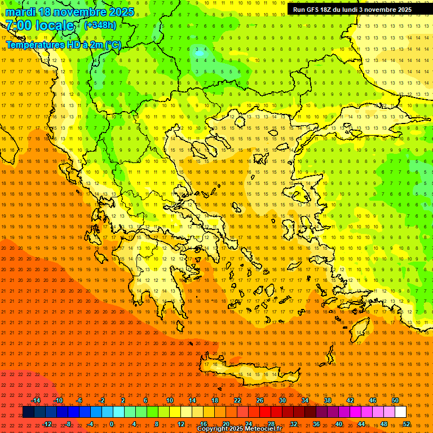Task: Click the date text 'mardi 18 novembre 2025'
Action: coord(70,12)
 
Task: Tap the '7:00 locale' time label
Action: coord(39,25)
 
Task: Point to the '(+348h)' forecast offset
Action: coord(100,25)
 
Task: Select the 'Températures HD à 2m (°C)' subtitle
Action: coord(63,45)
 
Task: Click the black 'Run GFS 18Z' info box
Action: coord(352,9)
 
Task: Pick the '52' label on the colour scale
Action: coord(407,424)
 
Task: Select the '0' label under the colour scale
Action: coord(112,424)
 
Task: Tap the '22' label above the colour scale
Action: coord(237,400)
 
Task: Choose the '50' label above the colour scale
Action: coord(395,400)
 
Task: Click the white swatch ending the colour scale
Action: coord(401,412)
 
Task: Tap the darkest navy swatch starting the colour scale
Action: coord(28,412)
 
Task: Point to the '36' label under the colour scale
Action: coord(316,424)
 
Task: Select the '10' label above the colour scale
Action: coord(170,400)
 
